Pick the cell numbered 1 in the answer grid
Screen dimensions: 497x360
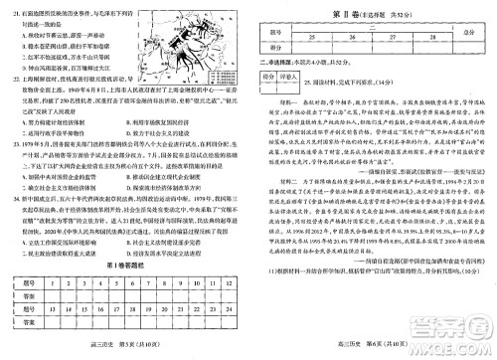(45, 281)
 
